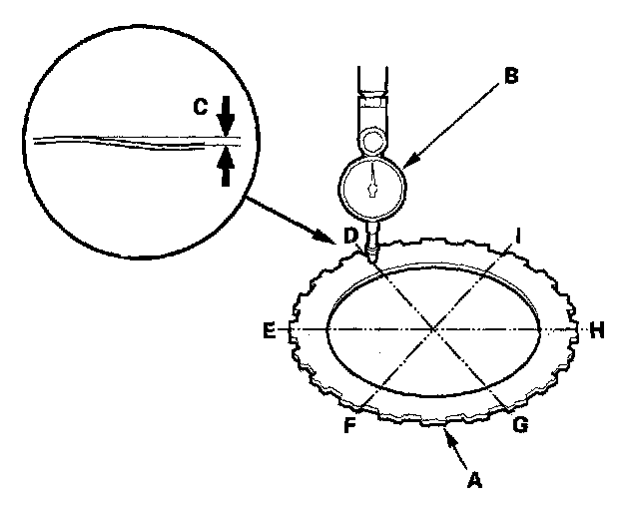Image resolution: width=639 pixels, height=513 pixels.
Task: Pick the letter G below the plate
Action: coord(519,425)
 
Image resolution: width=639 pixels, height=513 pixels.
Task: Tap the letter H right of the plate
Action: coord(596,330)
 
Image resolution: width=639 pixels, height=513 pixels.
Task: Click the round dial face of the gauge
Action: coord(371,185)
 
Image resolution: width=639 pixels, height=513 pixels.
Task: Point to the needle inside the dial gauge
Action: coord(372,183)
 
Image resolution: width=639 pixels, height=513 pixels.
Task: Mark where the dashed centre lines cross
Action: coord(433,328)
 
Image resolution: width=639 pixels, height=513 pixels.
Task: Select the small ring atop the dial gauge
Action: coord(371,139)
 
